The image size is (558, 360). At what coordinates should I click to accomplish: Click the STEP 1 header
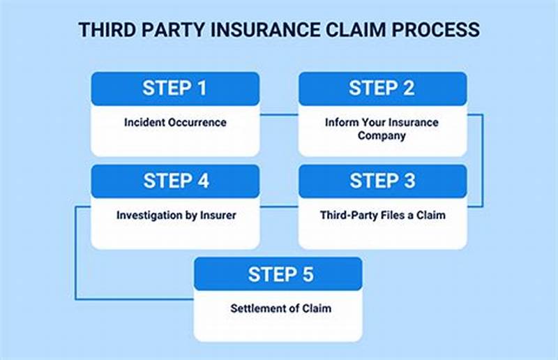tap(175, 89)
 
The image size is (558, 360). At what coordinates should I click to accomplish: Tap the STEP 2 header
tap(382, 89)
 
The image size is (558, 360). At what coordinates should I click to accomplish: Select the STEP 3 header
tap(382, 181)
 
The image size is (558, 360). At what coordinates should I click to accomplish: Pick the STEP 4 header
tap(175, 181)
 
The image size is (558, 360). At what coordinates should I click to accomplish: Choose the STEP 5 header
tap(278, 274)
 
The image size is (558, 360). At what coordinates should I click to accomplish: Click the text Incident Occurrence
tap(175, 123)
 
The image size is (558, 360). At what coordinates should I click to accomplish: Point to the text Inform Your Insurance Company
tap(382, 129)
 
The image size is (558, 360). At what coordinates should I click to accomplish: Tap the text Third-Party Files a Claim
tap(382, 216)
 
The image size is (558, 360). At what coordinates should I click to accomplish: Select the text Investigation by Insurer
tap(176, 216)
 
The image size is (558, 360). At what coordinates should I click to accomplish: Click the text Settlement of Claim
tap(278, 308)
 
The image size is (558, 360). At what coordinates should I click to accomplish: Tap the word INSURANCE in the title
tap(268, 30)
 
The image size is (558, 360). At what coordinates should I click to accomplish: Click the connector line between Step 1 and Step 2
tap(279, 114)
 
